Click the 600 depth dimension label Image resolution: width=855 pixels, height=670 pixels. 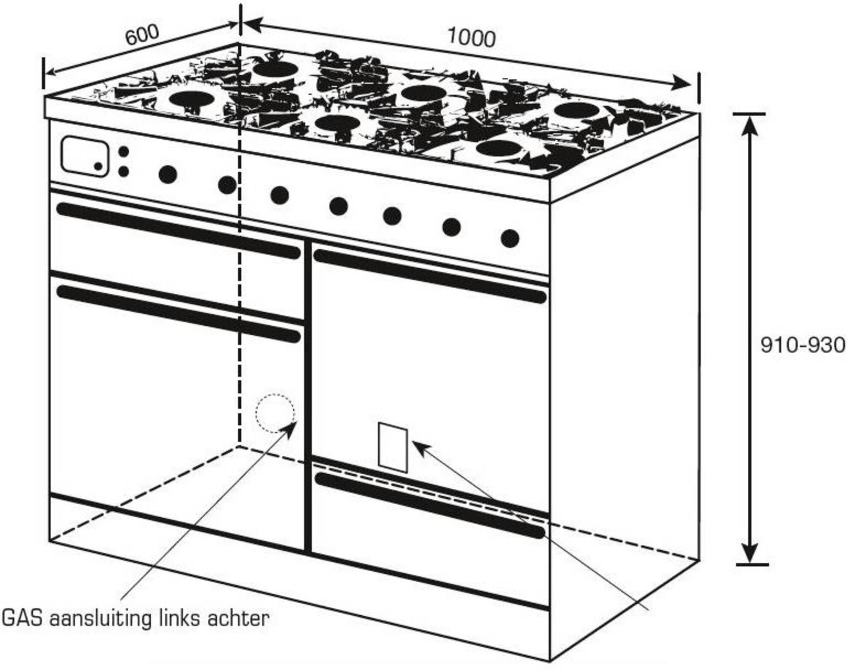(142, 34)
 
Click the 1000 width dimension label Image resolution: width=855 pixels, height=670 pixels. (472, 38)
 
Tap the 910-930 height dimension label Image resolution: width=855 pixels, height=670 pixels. (803, 345)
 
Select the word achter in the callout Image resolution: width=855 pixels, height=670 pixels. (238, 618)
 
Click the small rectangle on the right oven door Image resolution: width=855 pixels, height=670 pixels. (393, 447)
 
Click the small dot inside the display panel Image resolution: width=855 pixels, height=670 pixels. (98, 166)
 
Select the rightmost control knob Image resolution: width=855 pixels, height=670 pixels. (510, 238)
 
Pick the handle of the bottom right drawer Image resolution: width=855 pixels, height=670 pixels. (430, 505)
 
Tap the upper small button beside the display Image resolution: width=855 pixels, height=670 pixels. (123, 152)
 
